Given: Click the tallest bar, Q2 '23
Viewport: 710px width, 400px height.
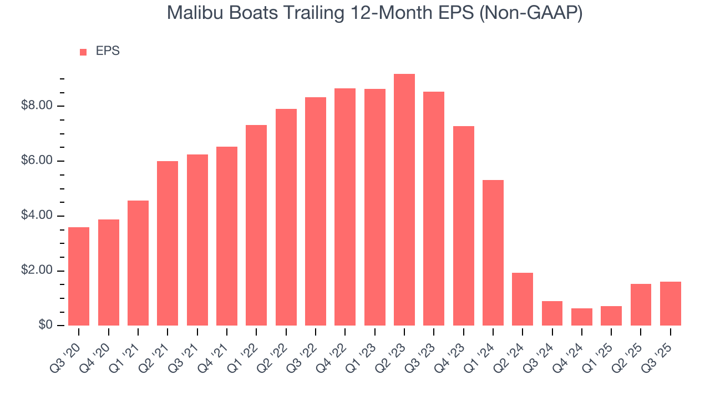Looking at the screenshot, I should tap(404, 200).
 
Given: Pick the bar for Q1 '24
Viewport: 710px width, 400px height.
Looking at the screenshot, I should tap(493, 253).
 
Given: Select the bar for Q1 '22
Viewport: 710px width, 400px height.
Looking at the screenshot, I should tap(256, 225).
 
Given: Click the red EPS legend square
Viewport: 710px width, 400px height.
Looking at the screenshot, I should tap(83, 52).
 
